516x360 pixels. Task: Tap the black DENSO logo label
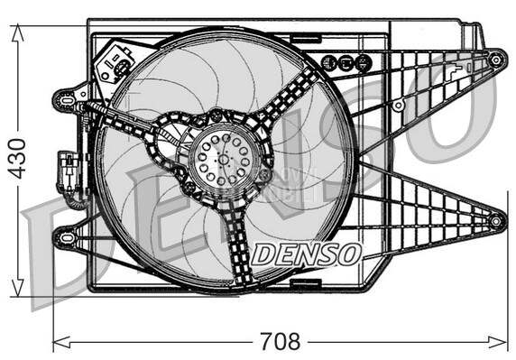[306, 254]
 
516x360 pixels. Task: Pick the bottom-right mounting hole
[495, 221]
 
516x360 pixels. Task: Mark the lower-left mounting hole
[63, 236]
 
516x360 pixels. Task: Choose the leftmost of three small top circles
[329, 62]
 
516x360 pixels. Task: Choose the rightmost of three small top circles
[362, 62]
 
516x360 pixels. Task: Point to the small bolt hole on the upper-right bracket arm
[397, 106]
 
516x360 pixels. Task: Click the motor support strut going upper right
[293, 94]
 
